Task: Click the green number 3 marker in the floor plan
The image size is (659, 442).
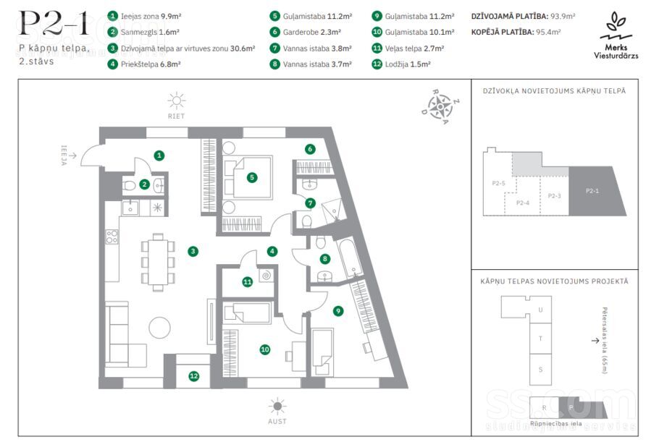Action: [x=193, y=252]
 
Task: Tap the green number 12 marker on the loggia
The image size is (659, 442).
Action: [x=194, y=376]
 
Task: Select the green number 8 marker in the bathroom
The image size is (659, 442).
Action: [x=325, y=259]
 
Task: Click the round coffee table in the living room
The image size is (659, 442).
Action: [x=160, y=327]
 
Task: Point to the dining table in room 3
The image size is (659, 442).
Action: [x=158, y=262]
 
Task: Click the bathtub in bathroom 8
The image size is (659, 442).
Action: [x=350, y=258]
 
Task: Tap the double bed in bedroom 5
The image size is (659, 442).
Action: [x=248, y=177]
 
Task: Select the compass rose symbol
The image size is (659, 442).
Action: [x=440, y=107]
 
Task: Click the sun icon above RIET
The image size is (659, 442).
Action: [x=177, y=101]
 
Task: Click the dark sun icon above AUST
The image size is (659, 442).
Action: [x=277, y=406]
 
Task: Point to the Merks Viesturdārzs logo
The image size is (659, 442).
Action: [x=616, y=35]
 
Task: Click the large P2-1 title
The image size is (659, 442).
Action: [x=54, y=23]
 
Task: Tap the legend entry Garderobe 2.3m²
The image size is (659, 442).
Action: [x=312, y=32]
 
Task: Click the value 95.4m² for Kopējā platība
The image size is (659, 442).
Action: [x=548, y=32]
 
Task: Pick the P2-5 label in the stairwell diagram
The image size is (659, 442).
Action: [x=498, y=183]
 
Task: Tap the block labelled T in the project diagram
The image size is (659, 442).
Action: [x=540, y=339]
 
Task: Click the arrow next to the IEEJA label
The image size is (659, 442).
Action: [x=72, y=156]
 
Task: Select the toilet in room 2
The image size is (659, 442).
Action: [x=130, y=185]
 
